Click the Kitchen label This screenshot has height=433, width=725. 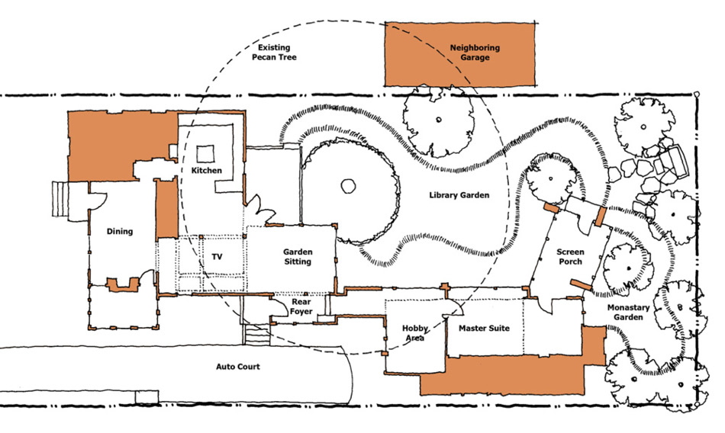tap(206, 170)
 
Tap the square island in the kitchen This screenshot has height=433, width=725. tap(205, 154)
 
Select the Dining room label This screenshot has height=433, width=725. tap(120, 231)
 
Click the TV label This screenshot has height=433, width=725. tap(217, 256)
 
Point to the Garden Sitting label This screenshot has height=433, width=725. tap(298, 256)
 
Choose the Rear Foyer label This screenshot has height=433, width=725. tap(301, 306)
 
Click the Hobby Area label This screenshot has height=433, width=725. tap(414, 332)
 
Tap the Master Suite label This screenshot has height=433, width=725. tap(484, 328)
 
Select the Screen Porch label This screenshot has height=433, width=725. tap(570, 256)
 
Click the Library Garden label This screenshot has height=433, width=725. tap(459, 195)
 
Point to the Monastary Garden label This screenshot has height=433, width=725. tap(628, 312)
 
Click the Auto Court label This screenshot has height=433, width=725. tap(237, 367)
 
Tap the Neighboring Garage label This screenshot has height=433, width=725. tap(475, 52)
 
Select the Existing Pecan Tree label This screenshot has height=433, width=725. tap(274, 52)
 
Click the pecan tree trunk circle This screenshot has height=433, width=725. tap(348, 186)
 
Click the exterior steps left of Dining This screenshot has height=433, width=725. tap(60, 199)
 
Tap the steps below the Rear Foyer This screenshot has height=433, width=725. tap(256, 335)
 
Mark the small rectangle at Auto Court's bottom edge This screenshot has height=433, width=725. tap(147, 396)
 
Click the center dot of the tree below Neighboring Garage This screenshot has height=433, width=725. tap(438, 120)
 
